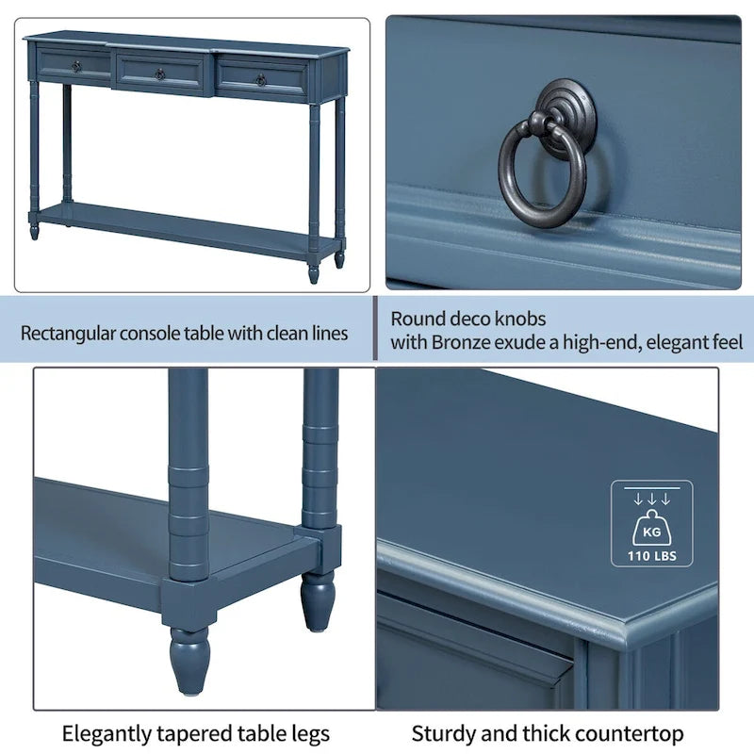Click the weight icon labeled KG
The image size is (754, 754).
(651, 527)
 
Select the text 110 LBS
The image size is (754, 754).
(651, 555)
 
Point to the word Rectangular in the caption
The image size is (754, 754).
(67, 333)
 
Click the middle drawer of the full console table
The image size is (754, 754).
(161, 74)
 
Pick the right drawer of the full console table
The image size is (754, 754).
(261, 78)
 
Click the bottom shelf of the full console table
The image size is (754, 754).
(179, 226)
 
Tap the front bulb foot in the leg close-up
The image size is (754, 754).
(189, 659)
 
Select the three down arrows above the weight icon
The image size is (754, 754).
(651, 499)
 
